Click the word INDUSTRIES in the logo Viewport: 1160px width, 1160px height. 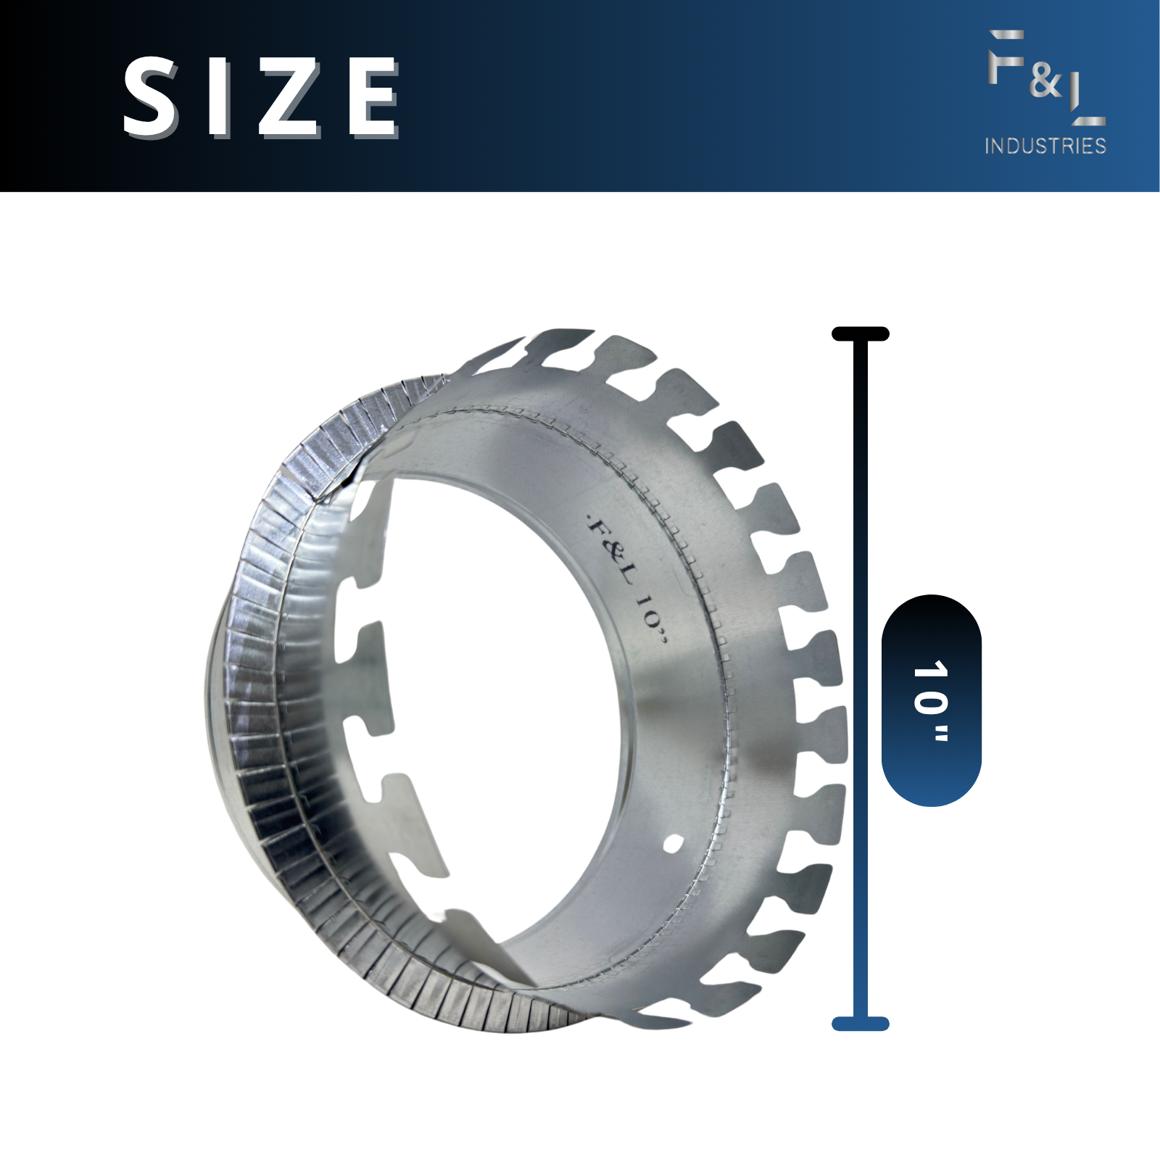click(x=1045, y=146)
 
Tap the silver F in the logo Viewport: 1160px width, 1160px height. click(x=1006, y=57)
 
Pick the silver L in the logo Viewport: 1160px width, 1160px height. click(x=1087, y=101)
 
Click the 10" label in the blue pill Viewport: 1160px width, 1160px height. click(x=931, y=700)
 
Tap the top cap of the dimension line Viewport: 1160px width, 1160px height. click(x=861, y=334)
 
